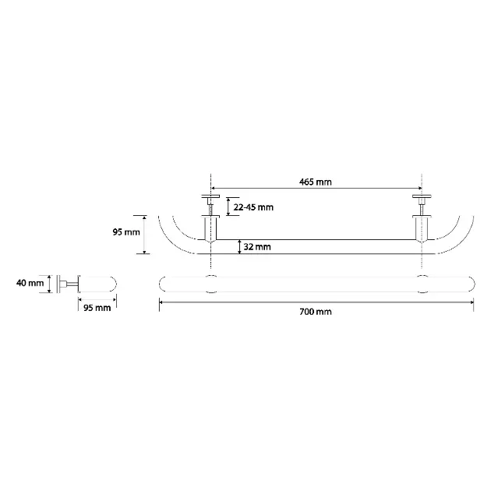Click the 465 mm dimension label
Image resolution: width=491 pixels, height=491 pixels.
(x=315, y=182)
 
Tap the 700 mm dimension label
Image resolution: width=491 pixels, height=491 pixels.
(x=316, y=312)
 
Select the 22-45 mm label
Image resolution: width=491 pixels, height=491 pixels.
(x=253, y=207)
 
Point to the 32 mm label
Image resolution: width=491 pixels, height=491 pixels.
(x=257, y=247)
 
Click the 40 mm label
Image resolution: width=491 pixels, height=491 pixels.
(x=30, y=283)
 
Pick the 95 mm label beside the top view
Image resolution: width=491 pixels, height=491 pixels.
(x=126, y=232)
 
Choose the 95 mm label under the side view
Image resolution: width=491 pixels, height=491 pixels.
(x=97, y=308)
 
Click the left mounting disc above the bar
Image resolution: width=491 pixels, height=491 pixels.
(x=210, y=196)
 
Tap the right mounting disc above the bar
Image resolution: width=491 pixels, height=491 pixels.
(x=422, y=196)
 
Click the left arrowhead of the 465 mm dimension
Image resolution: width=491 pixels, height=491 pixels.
(x=214, y=188)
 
